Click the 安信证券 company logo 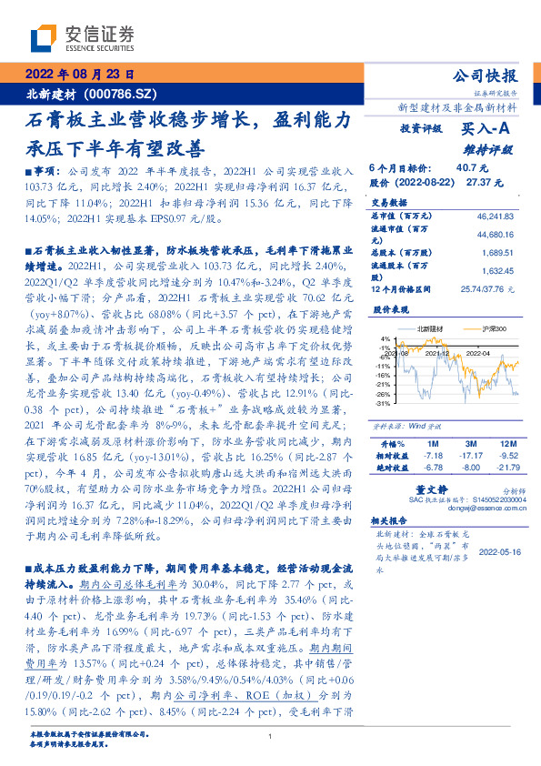click(x=81, y=38)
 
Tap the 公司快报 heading click(x=489, y=76)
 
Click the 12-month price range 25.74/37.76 click(x=488, y=288)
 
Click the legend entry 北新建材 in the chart click(x=425, y=327)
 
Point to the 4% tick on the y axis click(x=386, y=338)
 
